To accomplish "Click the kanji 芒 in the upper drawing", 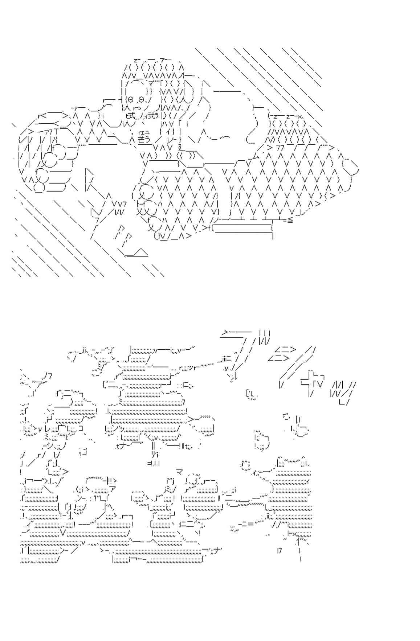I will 142,139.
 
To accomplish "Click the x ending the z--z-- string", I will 300,116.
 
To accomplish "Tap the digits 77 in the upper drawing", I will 280,148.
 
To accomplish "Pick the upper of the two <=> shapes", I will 285,350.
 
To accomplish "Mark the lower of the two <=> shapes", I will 278,358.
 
